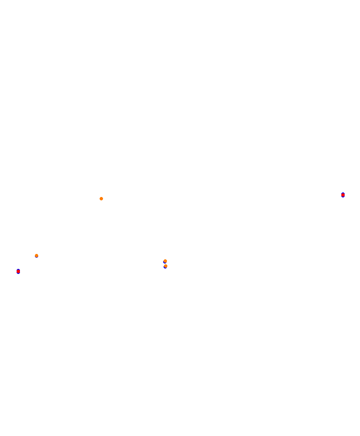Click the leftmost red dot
click(x=18, y=271)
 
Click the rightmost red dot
click(x=343, y=195)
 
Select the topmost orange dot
click(x=101, y=199)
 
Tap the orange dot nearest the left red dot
click(x=37, y=256)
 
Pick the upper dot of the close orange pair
click(x=165, y=261)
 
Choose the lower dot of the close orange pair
click(x=166, y=266)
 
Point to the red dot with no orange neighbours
click(x=343, y=195)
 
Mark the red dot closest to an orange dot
click(x=18, y=271)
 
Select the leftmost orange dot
click(x=37, y=256)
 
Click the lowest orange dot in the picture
click(x=166, y=266)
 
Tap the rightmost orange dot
click(x=166, y=266)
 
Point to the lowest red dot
click(x=18, y=271)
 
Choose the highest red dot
click(x=343, y=195)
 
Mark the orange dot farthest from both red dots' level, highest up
click(x=101, y=199)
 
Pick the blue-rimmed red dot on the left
click(x=18, y=271)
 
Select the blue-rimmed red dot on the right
click(x=343, y=195)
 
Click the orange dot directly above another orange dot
click(x=165, y=261)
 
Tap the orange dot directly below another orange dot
click(x=166, y=266)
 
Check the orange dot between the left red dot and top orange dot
click(x=37, y=256)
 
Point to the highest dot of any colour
click(x=343, y=195)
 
